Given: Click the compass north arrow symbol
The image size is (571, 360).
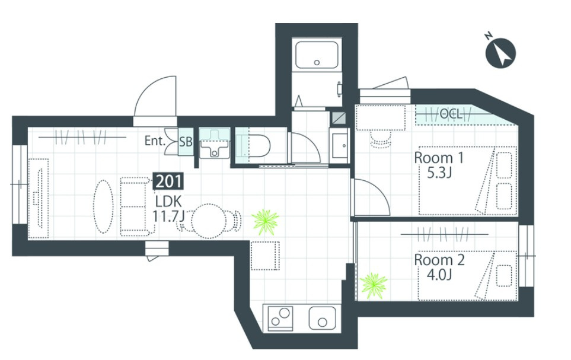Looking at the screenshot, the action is click(500, 53).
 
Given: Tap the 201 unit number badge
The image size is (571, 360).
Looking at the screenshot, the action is click(168, 181).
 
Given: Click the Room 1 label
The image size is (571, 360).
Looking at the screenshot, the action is click(439, 158).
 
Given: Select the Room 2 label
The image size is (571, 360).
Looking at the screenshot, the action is click(439, 260).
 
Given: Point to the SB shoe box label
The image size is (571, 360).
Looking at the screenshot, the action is click(186, 141).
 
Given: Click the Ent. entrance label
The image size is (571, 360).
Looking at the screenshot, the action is click(155, 141).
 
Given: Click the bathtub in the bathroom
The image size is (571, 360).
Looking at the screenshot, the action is click(317, 55).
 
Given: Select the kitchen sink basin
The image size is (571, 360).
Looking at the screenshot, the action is click(323, 318).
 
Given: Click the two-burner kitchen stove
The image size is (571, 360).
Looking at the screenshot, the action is click(280, 318).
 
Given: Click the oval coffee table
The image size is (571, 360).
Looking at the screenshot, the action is click(103, 206).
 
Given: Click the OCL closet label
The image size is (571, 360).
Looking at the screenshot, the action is click(451, 114).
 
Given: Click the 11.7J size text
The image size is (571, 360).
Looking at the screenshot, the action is click(168, 216).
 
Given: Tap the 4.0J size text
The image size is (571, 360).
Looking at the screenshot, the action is click(439, 275).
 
